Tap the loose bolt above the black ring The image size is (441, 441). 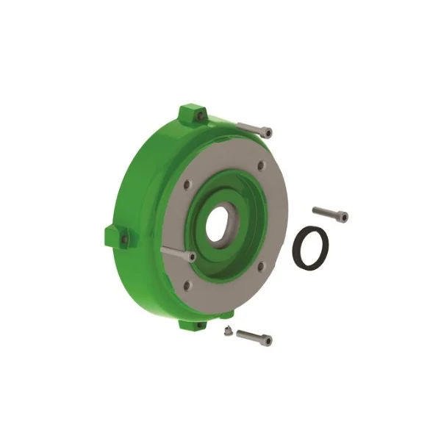(329, 213)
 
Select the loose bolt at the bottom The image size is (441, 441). (254, 336)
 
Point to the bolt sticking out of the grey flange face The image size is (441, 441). (176, 253)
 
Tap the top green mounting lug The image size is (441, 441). (193, 115)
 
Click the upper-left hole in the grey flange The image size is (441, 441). (187, 184)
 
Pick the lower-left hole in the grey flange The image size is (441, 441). (187, 284)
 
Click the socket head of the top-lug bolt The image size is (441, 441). (267, 132)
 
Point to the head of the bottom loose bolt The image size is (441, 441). (267, 340)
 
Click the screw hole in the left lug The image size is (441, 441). (124, 239)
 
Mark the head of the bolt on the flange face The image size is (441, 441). (190, 257)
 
